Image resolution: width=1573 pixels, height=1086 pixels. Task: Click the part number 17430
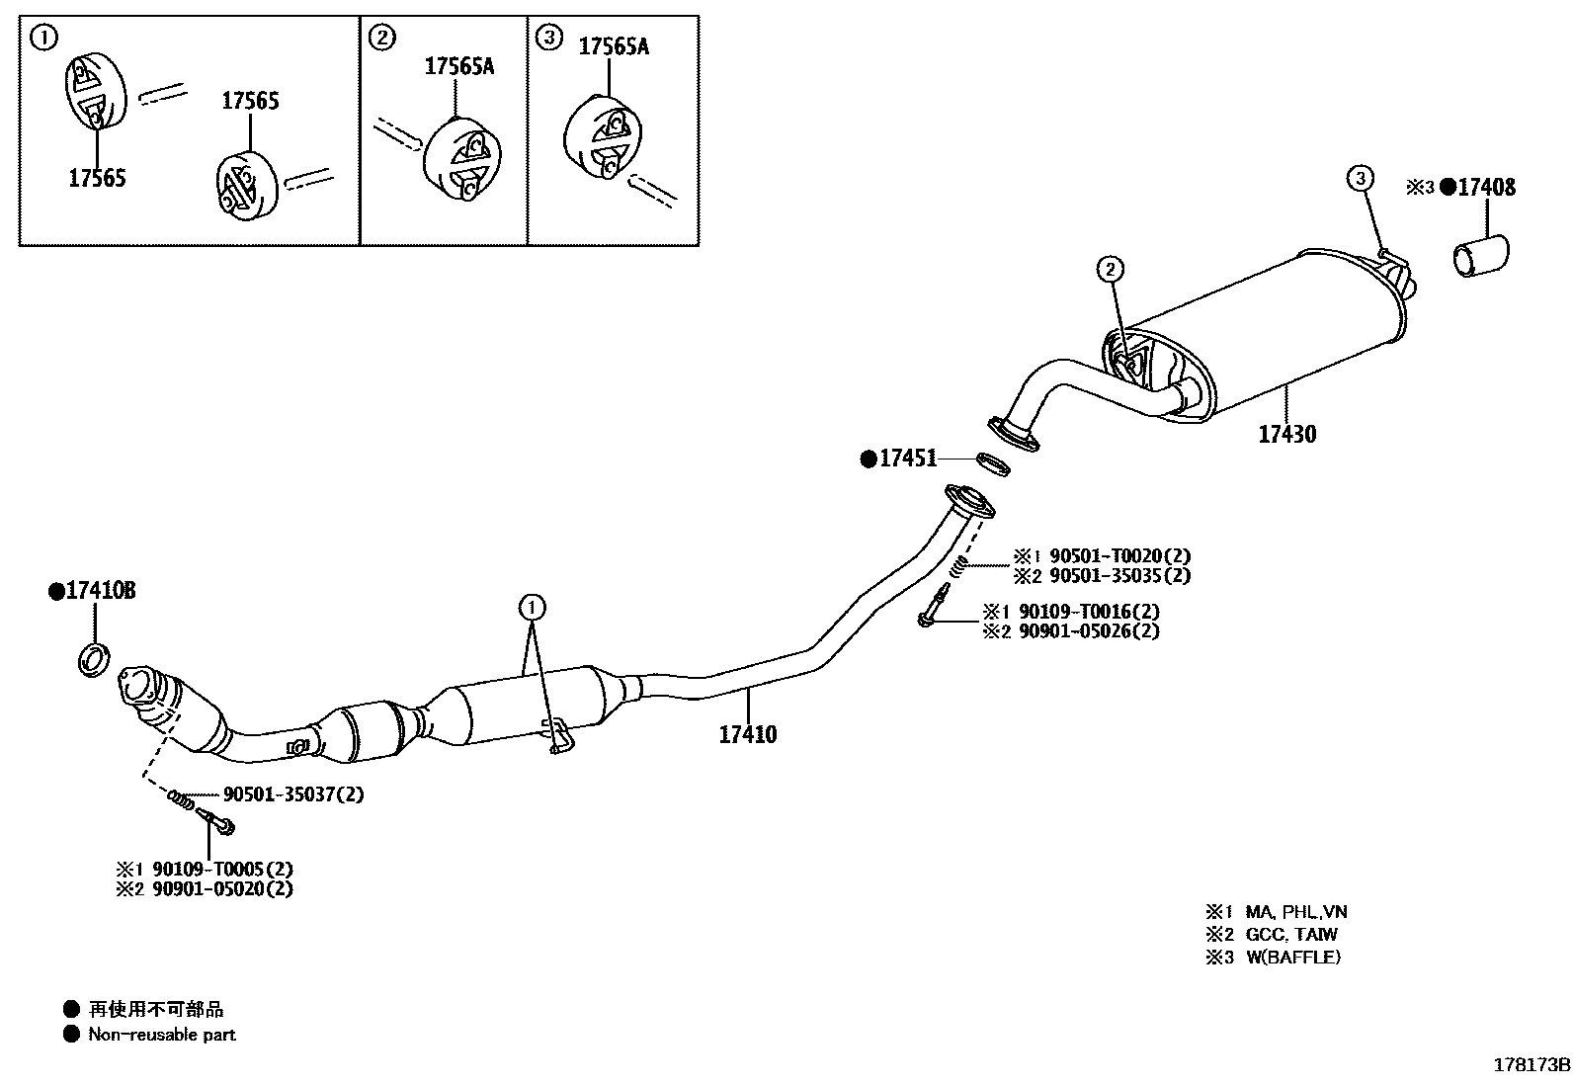click(x=1287, y=433)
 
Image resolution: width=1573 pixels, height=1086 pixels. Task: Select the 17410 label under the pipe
click(x=747, y=734)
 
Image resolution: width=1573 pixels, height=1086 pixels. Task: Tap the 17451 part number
click(x=908, y=458)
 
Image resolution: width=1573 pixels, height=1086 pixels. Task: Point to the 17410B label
click(x=100, y=591)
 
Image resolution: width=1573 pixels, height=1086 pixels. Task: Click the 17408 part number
click(x=1486, y=187)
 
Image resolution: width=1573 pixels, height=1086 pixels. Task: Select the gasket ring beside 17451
click(x=993, y=462)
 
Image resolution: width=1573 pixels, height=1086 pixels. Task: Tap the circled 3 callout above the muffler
click(x=1361, y=179)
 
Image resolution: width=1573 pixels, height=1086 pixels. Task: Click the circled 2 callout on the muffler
click(x=1111, y=268)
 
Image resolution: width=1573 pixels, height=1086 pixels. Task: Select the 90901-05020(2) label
click(x=223, y=887)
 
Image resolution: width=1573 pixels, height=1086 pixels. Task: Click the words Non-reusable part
click(x=162, y=1035)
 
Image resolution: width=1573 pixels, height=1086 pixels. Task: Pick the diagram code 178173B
click(x=1531, y=1064)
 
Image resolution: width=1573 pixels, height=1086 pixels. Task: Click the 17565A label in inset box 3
click(x=613, y=45)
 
